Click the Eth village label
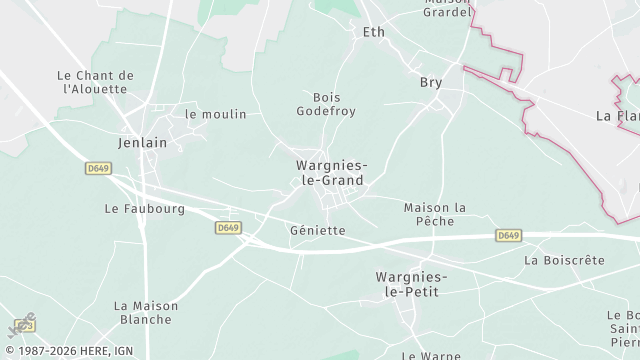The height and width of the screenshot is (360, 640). (373, 32)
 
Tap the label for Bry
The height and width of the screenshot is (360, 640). (431, 82)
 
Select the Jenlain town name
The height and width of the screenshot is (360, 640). (142, 142)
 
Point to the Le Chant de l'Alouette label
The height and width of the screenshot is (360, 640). (96, 82)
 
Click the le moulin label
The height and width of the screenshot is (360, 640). (215, 114)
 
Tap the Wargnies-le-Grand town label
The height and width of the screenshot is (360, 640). (329, 173)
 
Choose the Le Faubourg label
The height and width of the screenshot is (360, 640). (145, 209)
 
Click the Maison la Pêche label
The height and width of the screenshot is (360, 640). (435, 214)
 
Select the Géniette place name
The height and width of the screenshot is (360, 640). (317, 230)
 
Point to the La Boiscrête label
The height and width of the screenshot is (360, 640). (564, 260)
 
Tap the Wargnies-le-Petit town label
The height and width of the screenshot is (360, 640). (411, 283)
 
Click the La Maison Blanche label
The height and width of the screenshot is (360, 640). (145, 313)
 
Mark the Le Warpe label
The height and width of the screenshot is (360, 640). (430, 355)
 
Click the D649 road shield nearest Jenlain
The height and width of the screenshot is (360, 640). (98, 169)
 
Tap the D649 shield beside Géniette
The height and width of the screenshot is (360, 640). (228, 228)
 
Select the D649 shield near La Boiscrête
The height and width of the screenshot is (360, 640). (509, 235)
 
